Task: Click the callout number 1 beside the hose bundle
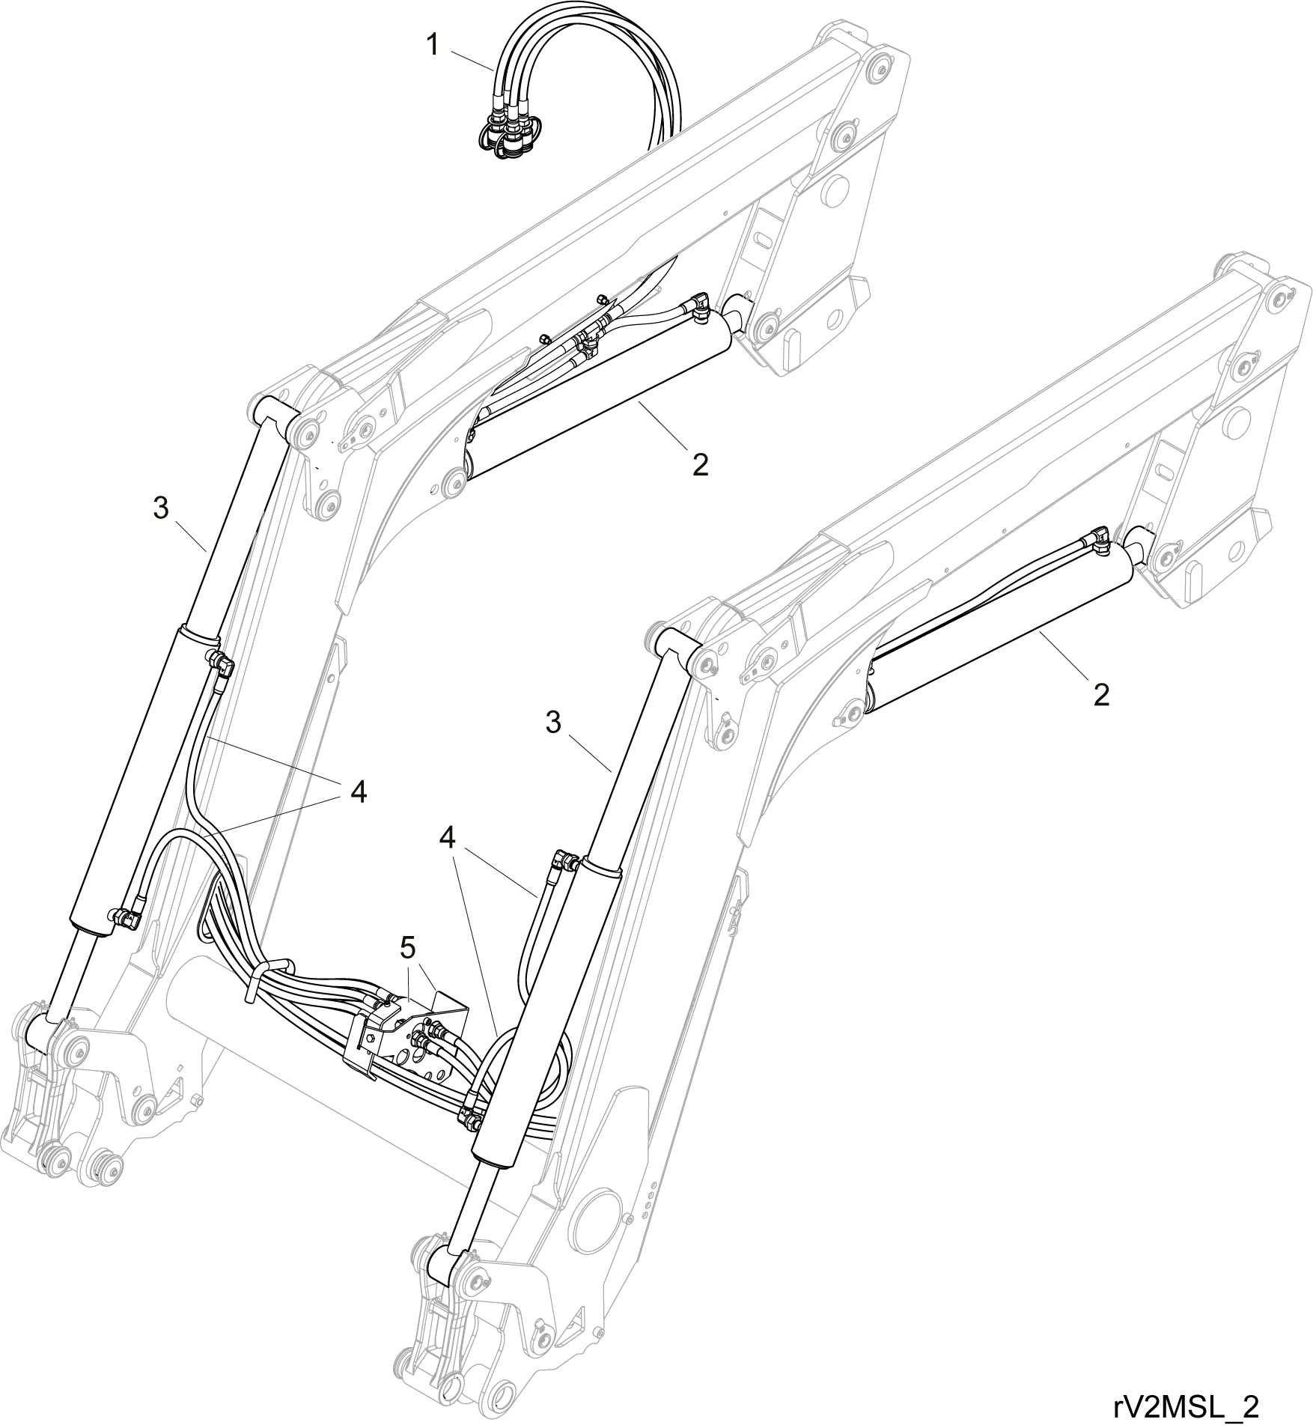[x=433, y=44]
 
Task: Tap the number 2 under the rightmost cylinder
[x=1100, y=695]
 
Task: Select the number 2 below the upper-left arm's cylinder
[x=700, y=464]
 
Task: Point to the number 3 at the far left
[x=161, y=508]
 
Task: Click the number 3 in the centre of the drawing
[x=553, y=723]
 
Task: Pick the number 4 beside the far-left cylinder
[x=359, y=791]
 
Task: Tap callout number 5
[x=407, y=947]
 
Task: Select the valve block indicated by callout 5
[x=405, y=1032]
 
